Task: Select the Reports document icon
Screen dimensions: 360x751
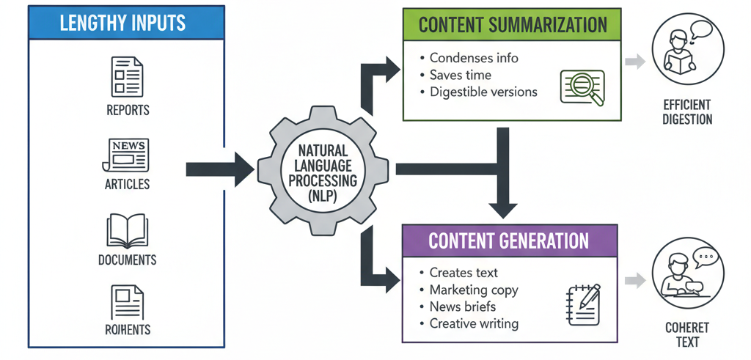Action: pyautogui.click(x=127, y=77)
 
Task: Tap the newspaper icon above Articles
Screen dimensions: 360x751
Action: pyautogui.click(x=127, y=154)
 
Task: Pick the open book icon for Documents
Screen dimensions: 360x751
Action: pyautogui.click(x=127, y=231)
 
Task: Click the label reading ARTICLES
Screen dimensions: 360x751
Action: pyautogui.click(x=127, y=185)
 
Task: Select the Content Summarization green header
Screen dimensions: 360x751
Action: pyautogui.click(x=510, y=25)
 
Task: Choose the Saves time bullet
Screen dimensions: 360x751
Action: pyautogui.click(x=460, y=75)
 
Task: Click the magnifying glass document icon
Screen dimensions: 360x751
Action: pyautogui.click(x=582, y=87)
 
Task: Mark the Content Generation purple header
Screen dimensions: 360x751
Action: pyautogui.click(x=508, y=240)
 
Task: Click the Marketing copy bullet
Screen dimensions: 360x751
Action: pyautogui.click(x=473, y=290)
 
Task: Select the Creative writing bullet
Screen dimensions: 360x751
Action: pyautogui.click(x=473, y=323)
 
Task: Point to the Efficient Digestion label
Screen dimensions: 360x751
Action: pyautogui.click(x=686, y=111)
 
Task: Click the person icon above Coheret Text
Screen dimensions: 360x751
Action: pyautogui.click(x=686, y=277)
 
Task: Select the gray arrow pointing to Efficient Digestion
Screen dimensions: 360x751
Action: pyautogui.click(x=634, y=62)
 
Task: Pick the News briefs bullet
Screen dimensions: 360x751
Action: pyautogui.click(x=462, y=306)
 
